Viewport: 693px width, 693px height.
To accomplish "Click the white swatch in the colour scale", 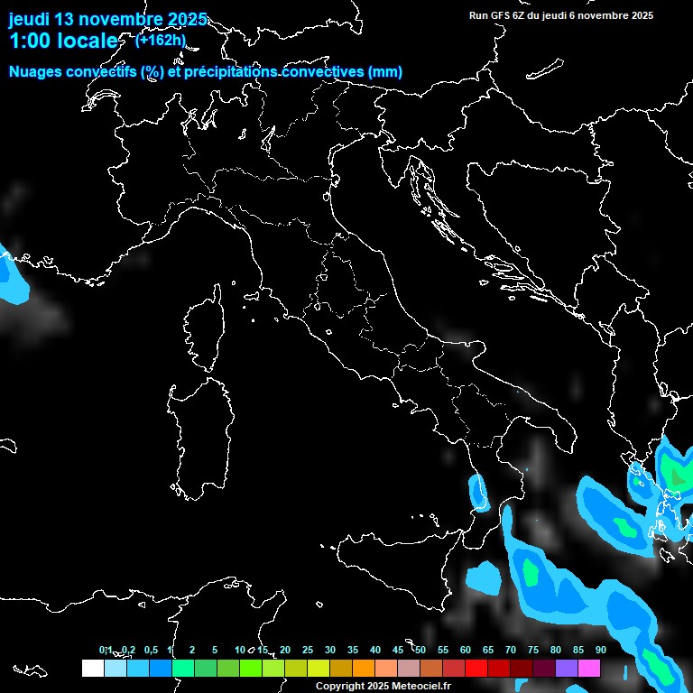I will point(92,669).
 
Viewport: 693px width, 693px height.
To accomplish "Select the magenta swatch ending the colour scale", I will point(589,669).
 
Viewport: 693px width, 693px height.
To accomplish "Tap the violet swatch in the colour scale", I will point(567,669).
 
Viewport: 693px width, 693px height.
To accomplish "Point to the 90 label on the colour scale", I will point(600,650).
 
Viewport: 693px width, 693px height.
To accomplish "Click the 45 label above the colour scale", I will point(398,650).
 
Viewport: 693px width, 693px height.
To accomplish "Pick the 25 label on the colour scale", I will point(308,650).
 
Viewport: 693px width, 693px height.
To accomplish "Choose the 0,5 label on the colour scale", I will point(150,650).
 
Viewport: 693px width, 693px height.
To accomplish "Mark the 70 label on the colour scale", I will point(511,650).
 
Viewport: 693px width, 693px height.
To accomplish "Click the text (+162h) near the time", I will point(161,40).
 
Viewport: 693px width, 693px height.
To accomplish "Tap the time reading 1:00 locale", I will point(63,41).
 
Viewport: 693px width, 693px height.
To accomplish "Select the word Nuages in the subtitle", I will point(36,72).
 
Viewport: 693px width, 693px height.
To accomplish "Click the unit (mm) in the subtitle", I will point(385,72).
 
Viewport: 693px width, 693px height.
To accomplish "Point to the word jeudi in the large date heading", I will point(29,19).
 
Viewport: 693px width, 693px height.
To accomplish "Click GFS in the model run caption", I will point(502,15).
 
